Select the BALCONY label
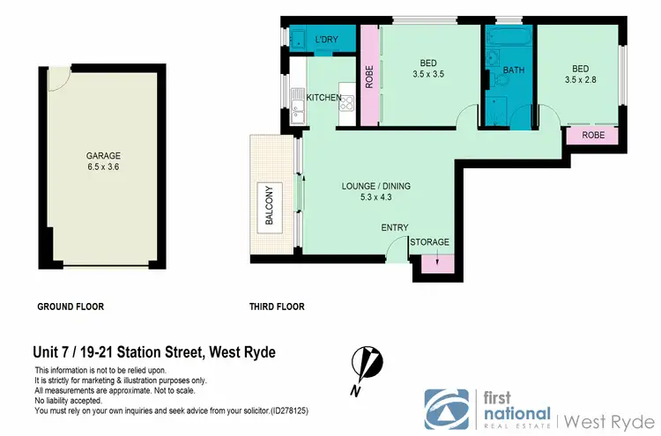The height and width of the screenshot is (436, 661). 270,205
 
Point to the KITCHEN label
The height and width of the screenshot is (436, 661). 323,97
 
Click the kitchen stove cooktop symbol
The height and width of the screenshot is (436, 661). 347,103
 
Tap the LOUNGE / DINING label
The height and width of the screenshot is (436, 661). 376,186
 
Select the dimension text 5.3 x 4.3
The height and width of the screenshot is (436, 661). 376,197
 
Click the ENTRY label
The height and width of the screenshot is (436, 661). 394,228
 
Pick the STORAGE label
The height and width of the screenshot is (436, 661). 430,242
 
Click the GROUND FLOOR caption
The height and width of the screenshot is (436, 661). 71,307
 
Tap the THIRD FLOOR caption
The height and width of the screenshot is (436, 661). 277,307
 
